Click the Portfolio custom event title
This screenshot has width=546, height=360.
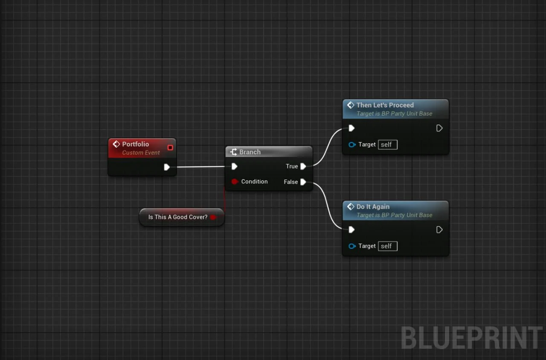pyautogui.click(x=135, y=144)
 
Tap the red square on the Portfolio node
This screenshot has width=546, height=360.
pyautogui.click(x=170, y=148)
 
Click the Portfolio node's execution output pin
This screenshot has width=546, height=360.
pyautogui.click(x=167, y=167)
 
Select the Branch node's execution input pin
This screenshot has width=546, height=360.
pyautogui.click(x=234, y=166)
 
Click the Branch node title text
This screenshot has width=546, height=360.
pyautogui.click(x=250, y=152)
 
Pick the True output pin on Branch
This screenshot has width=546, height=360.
pyautogui.click(x=303, y=166)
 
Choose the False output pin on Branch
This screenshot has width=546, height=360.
pyautogui.click(x=303, y=182)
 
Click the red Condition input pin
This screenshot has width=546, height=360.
pyautogui.click(x=234, y=182)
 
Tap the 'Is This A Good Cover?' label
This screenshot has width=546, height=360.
pyautogui.click(x=177, y=217)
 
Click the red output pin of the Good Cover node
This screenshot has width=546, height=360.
pyautogui.click(x=213, y=217)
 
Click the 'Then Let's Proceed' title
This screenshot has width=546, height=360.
pyautogui.click(x=385, y=105)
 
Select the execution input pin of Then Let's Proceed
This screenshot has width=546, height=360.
pyautogui.click(x=351, y=128)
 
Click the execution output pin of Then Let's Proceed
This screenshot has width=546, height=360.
pyautogui.click(x=439, y=128)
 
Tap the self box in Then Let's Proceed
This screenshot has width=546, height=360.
pyautogui.click(x=387, y=145)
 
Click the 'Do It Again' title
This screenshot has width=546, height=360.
pyautogui.click(x=373, y=206)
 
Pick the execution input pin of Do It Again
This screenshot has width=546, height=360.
pyautogui.click(x=351, y=229)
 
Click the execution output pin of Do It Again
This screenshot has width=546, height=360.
pyautogui.click(x=439, y=229)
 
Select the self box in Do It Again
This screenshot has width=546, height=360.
pyautogui.click(x=387, y=246)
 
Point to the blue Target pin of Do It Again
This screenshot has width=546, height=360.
pyautogui.click(x=352, y=246)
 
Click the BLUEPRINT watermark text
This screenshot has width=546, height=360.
pyautogui.click(x=471, y=338)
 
